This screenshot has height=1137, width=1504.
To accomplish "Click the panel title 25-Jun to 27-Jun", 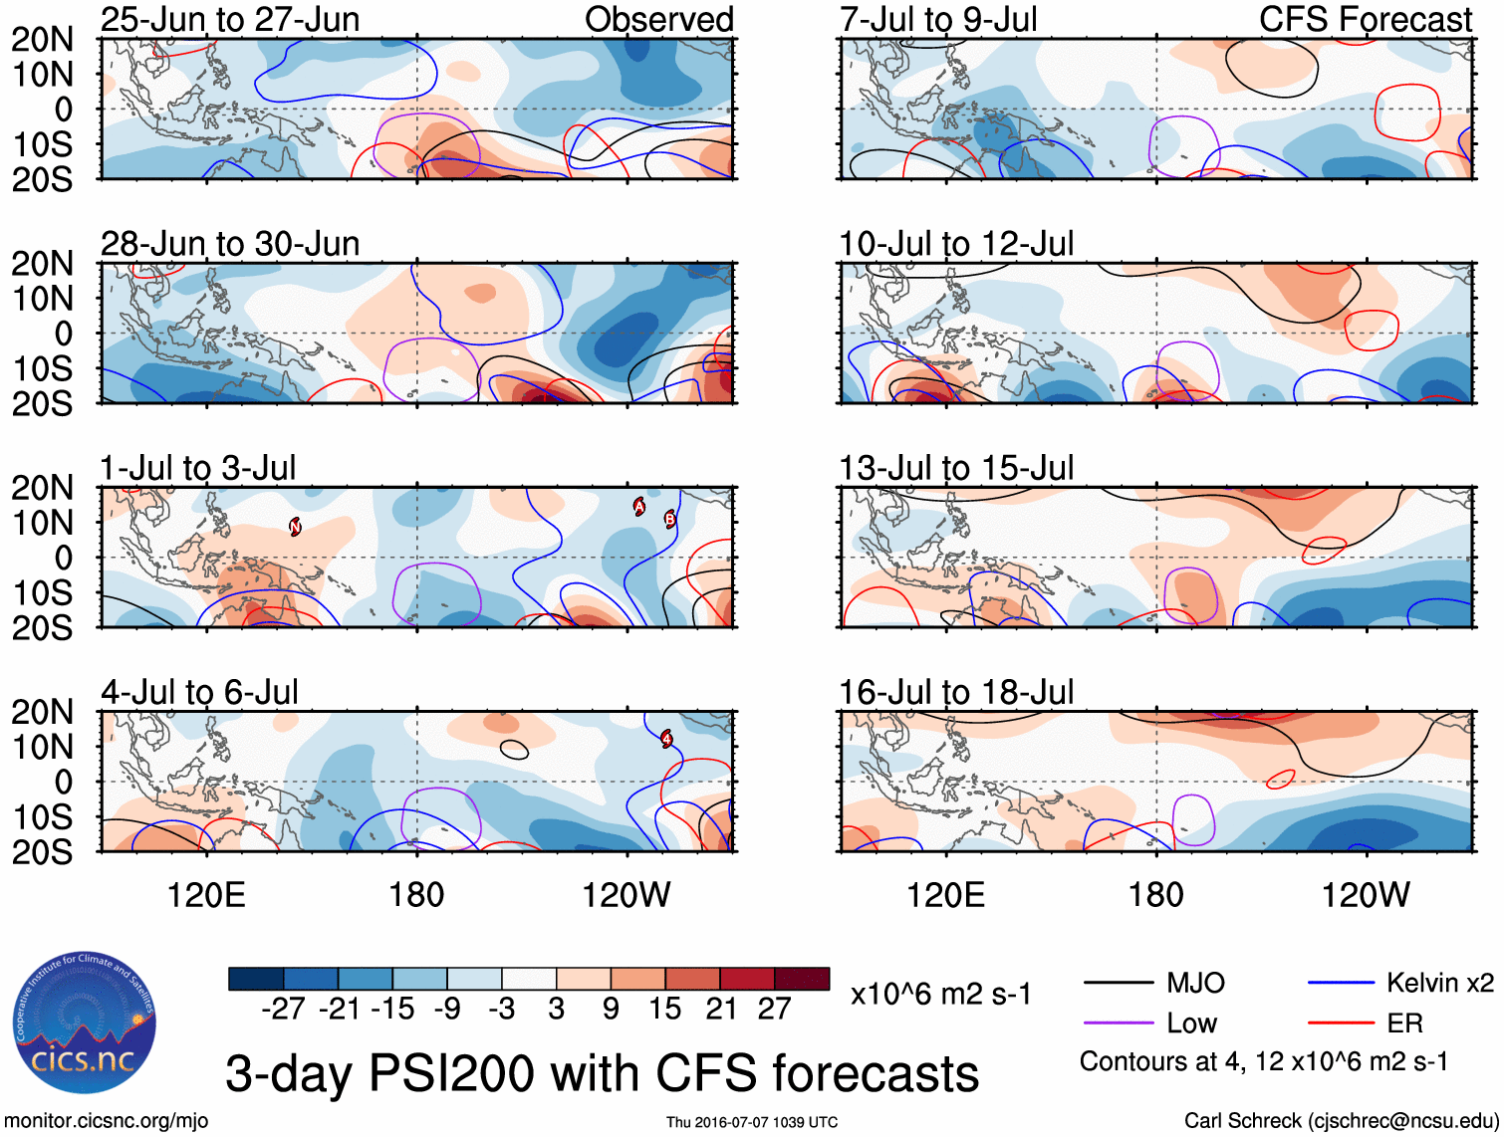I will coord(230,20).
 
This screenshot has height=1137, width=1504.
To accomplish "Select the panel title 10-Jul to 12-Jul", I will coord(956,244).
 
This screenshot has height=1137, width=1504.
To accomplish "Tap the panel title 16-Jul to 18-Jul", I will coord(956,692).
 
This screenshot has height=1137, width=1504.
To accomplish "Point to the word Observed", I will coord(658,20).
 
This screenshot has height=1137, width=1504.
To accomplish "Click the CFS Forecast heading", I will coord(1366,20).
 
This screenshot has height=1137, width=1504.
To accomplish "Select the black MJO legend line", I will coord(1118,984).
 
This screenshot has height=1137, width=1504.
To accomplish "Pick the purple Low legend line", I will coord(1118,1023).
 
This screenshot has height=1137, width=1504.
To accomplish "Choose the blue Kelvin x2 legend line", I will coord(1340,984).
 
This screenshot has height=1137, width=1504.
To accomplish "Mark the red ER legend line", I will coord(1340,1023).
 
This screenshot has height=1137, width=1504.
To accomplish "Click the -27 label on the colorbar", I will coord(283,1010).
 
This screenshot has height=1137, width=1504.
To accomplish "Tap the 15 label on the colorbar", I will coord(665,1010).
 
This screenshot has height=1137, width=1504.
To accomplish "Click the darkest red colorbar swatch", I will coord(802,979).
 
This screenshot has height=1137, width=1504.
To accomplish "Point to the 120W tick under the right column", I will coord(1366,895).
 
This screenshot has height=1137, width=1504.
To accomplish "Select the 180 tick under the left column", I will coord(416,895).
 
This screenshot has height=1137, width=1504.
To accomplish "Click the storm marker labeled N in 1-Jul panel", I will coord(296,527).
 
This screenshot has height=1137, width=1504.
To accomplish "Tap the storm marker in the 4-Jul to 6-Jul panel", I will coord(666,738).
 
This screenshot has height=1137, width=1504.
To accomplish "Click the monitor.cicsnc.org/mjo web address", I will coord(107,1121).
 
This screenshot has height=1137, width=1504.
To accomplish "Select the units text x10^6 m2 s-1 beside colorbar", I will coord(941,995).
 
